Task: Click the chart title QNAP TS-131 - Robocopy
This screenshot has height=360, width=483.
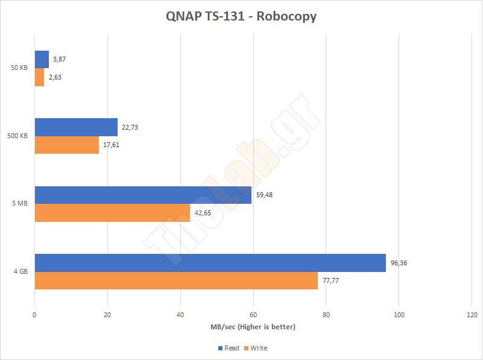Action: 241,16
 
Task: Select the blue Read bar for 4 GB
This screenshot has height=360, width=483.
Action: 210,263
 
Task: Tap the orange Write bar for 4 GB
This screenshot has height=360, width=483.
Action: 176,280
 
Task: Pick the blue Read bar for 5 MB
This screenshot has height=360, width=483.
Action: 143,195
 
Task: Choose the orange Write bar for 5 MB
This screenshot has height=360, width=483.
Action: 112,213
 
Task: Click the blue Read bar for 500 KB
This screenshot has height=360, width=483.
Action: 76,127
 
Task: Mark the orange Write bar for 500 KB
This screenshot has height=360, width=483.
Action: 67,145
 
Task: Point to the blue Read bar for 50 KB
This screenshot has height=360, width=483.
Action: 42,59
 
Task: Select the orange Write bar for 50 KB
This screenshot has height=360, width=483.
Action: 39,77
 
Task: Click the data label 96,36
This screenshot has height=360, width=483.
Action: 399,263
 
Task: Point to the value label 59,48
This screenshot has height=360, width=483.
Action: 264,195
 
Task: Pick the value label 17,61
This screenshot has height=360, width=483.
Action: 112,145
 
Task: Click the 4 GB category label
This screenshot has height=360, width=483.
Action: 21,272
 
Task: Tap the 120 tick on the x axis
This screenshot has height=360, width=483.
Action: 472,315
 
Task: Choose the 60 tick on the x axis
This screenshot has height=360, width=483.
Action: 253,315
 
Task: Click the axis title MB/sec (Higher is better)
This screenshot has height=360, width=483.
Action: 253,327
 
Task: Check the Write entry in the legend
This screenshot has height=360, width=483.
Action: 258,348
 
